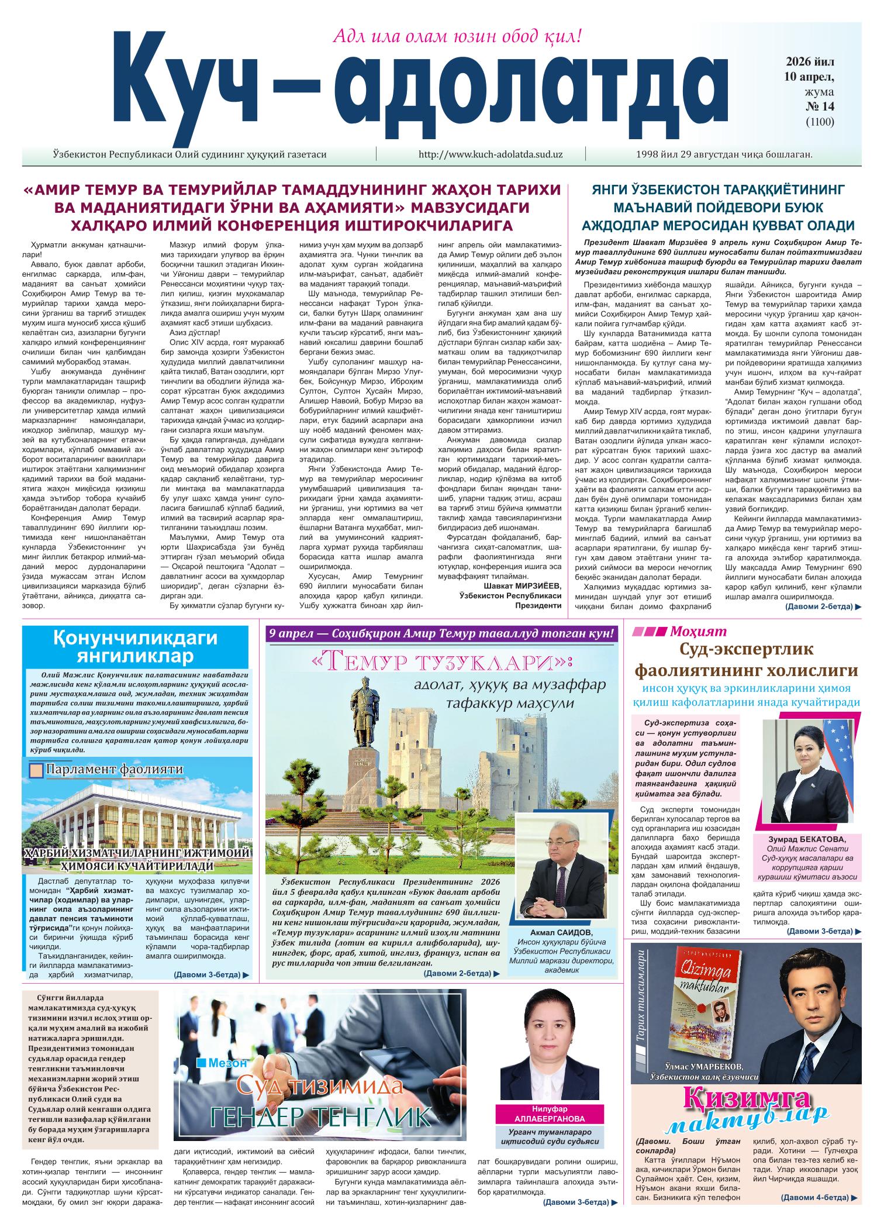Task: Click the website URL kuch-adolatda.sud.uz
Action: pyautogui.click(x=491, y=154)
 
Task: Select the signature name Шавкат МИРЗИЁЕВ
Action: pyautogui.click(x=522, y=586)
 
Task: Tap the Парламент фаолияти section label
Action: pyautogui.click(x=114, y=770)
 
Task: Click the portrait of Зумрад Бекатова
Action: pyautogui.click(x=810, y=772)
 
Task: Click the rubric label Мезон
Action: pyautogui.click(x=227, y=1063)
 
